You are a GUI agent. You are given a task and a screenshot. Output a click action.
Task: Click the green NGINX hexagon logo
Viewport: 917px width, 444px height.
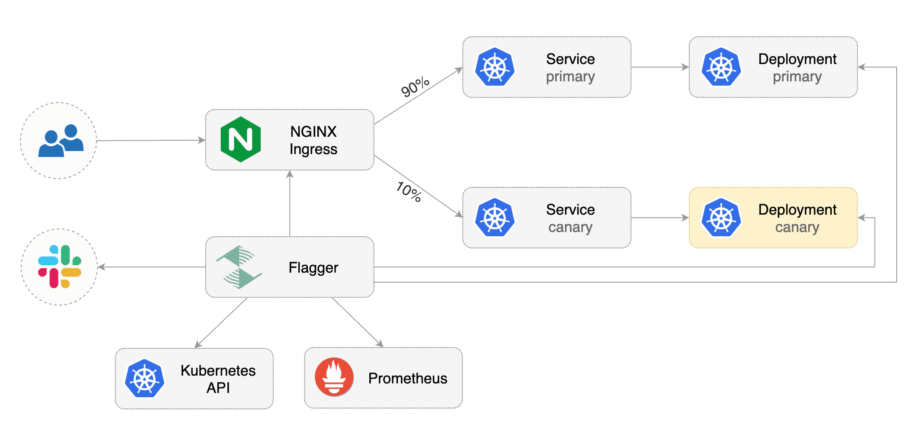point(240,139)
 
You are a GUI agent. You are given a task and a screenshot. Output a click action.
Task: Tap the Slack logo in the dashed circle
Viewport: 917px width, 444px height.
point(60,267)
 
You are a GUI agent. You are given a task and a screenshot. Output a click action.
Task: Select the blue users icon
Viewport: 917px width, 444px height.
point(61,141)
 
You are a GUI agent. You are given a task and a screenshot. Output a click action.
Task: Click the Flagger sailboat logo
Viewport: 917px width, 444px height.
point(239,267)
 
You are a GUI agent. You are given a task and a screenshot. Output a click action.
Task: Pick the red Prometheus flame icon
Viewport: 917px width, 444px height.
point(334,377)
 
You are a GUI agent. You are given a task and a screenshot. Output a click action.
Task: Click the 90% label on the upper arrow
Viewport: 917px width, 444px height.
point(415,87)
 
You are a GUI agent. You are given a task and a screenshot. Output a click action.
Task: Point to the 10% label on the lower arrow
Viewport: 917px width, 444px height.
point(409,191)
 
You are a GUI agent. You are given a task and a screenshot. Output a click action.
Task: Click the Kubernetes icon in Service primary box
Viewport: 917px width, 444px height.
point(494,67)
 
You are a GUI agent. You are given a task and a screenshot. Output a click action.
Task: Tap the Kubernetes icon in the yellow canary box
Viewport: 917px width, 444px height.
point(721,218)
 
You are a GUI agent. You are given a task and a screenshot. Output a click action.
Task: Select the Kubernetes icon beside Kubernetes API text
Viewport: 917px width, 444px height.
point(144,378)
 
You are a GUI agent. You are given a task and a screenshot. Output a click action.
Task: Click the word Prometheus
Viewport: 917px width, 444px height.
point(407,378)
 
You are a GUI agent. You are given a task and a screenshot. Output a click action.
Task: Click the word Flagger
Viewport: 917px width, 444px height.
point(313,267)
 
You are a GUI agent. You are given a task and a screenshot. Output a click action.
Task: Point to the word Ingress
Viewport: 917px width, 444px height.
point(313,149)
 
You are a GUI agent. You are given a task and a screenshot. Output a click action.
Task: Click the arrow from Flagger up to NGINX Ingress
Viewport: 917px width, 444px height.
point(290,203)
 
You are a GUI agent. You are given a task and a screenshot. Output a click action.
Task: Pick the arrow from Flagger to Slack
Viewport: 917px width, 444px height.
point(152,267)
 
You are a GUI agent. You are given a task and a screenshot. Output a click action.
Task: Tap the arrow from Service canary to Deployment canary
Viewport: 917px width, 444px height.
point(659,218)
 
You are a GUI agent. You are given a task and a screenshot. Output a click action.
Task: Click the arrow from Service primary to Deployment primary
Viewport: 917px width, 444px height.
point(659,67)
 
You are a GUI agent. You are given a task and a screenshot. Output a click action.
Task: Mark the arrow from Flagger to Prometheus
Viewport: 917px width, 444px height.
point(357,322)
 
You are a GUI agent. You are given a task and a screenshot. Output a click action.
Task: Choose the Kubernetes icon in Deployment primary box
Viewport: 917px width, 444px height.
point(721,67)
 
